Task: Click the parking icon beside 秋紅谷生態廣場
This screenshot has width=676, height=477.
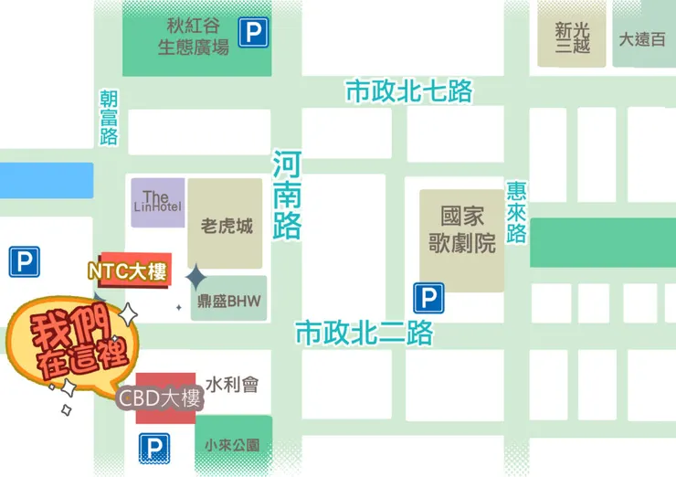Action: pyautogui.click(x=253, y=34)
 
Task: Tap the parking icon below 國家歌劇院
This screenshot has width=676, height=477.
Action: pyautogui.click(x=428, y=298)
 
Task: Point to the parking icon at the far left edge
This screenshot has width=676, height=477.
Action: pyautogui.click(x=24, y=263)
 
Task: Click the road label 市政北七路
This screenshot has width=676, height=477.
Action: pyautogui.click(x=408, y=91)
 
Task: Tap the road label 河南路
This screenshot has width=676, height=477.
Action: pyautogui.click(x=287, y=196)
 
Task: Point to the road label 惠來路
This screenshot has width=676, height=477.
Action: pyautogui.click(x=517, y=212)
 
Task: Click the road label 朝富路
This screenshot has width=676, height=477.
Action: pyautogui.click(x=110, y=118)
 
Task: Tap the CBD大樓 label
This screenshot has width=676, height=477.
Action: pyautogui.click(x=160, y=398)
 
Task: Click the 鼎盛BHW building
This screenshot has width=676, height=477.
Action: pyautogui.click(x=229, y=300)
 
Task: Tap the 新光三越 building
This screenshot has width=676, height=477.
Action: pyautogui.click(x=572, y=37)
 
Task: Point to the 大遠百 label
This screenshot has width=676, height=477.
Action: pyautogui.click(x=642, y=39)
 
